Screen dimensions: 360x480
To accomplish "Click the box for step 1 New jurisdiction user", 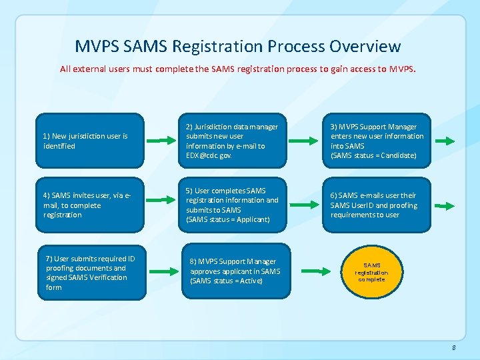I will pyautogui.click(x=89, y=141).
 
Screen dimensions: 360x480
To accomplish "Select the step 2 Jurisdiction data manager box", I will pyautogui.click(x=233, y=141).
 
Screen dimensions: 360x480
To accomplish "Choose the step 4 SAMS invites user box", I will pyautogui.click(x=89, y=205).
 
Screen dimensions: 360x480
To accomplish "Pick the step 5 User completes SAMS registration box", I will pyautogui.click(x=233, y=205).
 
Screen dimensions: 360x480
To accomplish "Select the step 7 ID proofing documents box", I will pyautogui.click(x=91, y=273).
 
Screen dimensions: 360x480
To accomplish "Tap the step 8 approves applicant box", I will pyautogui.click(x=236, y=271).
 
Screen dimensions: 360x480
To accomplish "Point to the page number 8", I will pyautogui.click(x=453, y=347).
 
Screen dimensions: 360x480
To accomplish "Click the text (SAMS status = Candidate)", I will pyautogui.click(x=373, y=155).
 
